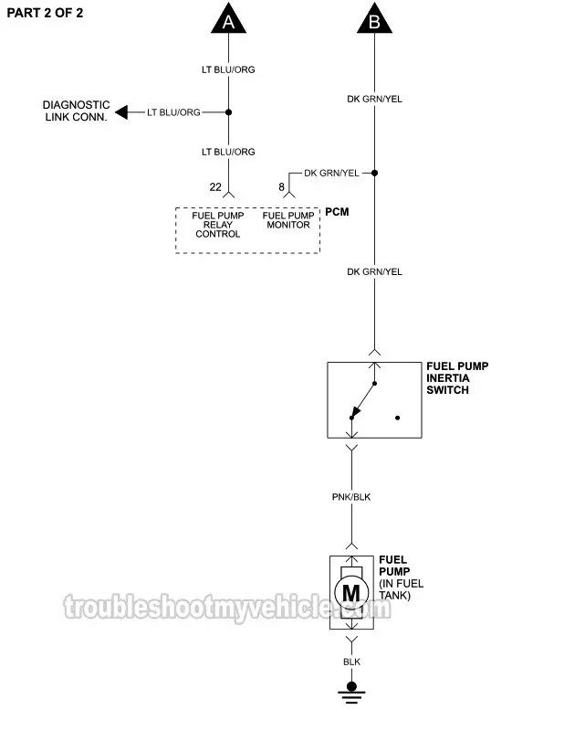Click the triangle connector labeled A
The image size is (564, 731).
coord(228,20)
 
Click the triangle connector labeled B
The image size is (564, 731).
coord(374,20)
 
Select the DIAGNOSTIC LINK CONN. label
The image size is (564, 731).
coord(78,111)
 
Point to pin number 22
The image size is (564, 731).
coord(215,187)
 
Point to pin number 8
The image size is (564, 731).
coord(281,187)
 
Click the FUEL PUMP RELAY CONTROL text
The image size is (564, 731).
coord(217,225)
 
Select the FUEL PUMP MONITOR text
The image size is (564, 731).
coord(287,220)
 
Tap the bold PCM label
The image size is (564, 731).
coord(338,212)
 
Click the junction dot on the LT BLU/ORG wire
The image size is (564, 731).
coord(228,112)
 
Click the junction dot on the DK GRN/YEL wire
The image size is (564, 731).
coord(374,172)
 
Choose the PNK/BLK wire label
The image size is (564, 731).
coord(351,497)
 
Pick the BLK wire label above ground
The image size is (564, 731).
coord(351,661)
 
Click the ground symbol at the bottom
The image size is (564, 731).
coord(351,692)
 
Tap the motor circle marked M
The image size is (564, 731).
coord(351,592)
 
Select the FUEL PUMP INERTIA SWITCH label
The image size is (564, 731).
coord(457,377)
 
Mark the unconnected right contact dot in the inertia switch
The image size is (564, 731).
coord(398,418)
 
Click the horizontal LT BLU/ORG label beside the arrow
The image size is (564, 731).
coord(174,112)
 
